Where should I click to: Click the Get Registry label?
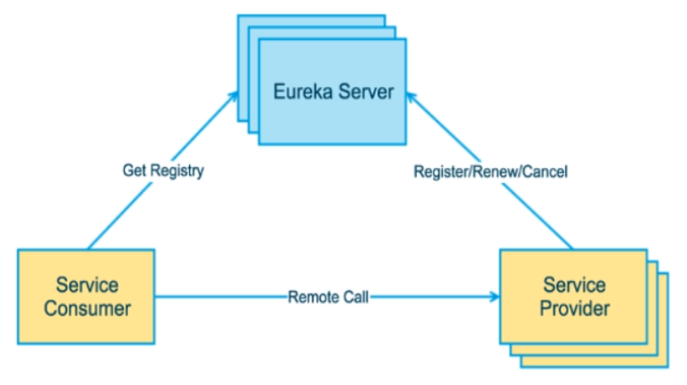coord(162,171)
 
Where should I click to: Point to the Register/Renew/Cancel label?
coord(490,171)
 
